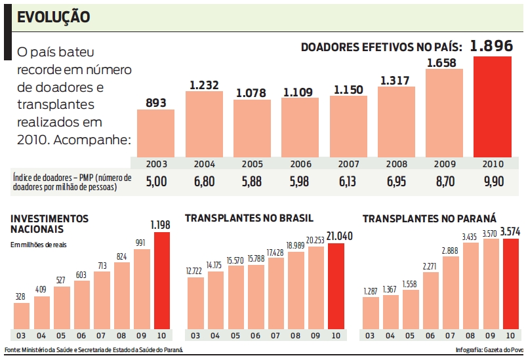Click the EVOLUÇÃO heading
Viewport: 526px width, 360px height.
tap(53, 18)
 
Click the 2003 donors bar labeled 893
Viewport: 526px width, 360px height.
tap(155, 133)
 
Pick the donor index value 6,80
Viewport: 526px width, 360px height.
tap(203, 182)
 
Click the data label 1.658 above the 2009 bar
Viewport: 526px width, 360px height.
tap(444, 63)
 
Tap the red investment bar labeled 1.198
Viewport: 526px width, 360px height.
tap(162, 281)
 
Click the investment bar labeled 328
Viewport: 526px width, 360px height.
tap(22, 315)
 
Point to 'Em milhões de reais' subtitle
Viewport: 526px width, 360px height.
tap(39, 245)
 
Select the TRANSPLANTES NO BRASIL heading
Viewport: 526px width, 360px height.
tap(249, 218)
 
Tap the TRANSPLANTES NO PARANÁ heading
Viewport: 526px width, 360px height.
tap(429, 218)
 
